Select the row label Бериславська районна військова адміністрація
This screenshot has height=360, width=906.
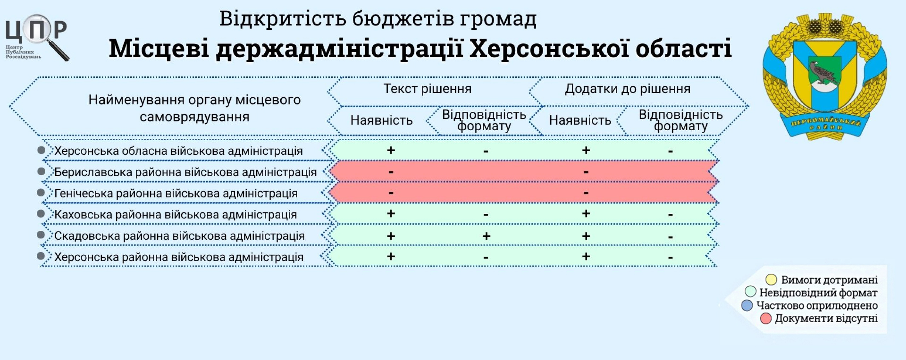tap(185, 172)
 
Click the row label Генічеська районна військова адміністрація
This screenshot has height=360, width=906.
tap(176, 193)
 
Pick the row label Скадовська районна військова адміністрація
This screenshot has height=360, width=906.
tap(179, 236)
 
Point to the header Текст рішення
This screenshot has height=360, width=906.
tap(428, 88)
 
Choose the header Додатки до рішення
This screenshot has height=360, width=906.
tap(627, 88)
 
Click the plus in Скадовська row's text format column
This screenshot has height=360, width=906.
tap(486, 236)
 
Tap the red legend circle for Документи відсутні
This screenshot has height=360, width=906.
tap(766, 318)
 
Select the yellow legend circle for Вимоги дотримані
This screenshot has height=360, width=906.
tap(771, 280)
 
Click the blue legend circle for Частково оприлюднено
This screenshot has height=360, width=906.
tap(747, 305)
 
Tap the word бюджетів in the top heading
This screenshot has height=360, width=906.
tap(403, 19)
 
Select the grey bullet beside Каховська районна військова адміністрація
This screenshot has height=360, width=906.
tap(41, 214)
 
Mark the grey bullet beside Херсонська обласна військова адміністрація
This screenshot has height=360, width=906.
tap(41, 150)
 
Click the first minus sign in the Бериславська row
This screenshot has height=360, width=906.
tap(391, 172)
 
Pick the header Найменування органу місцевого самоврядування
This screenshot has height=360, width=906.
tap(195, 108)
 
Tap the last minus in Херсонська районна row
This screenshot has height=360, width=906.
tap(670, 258)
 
